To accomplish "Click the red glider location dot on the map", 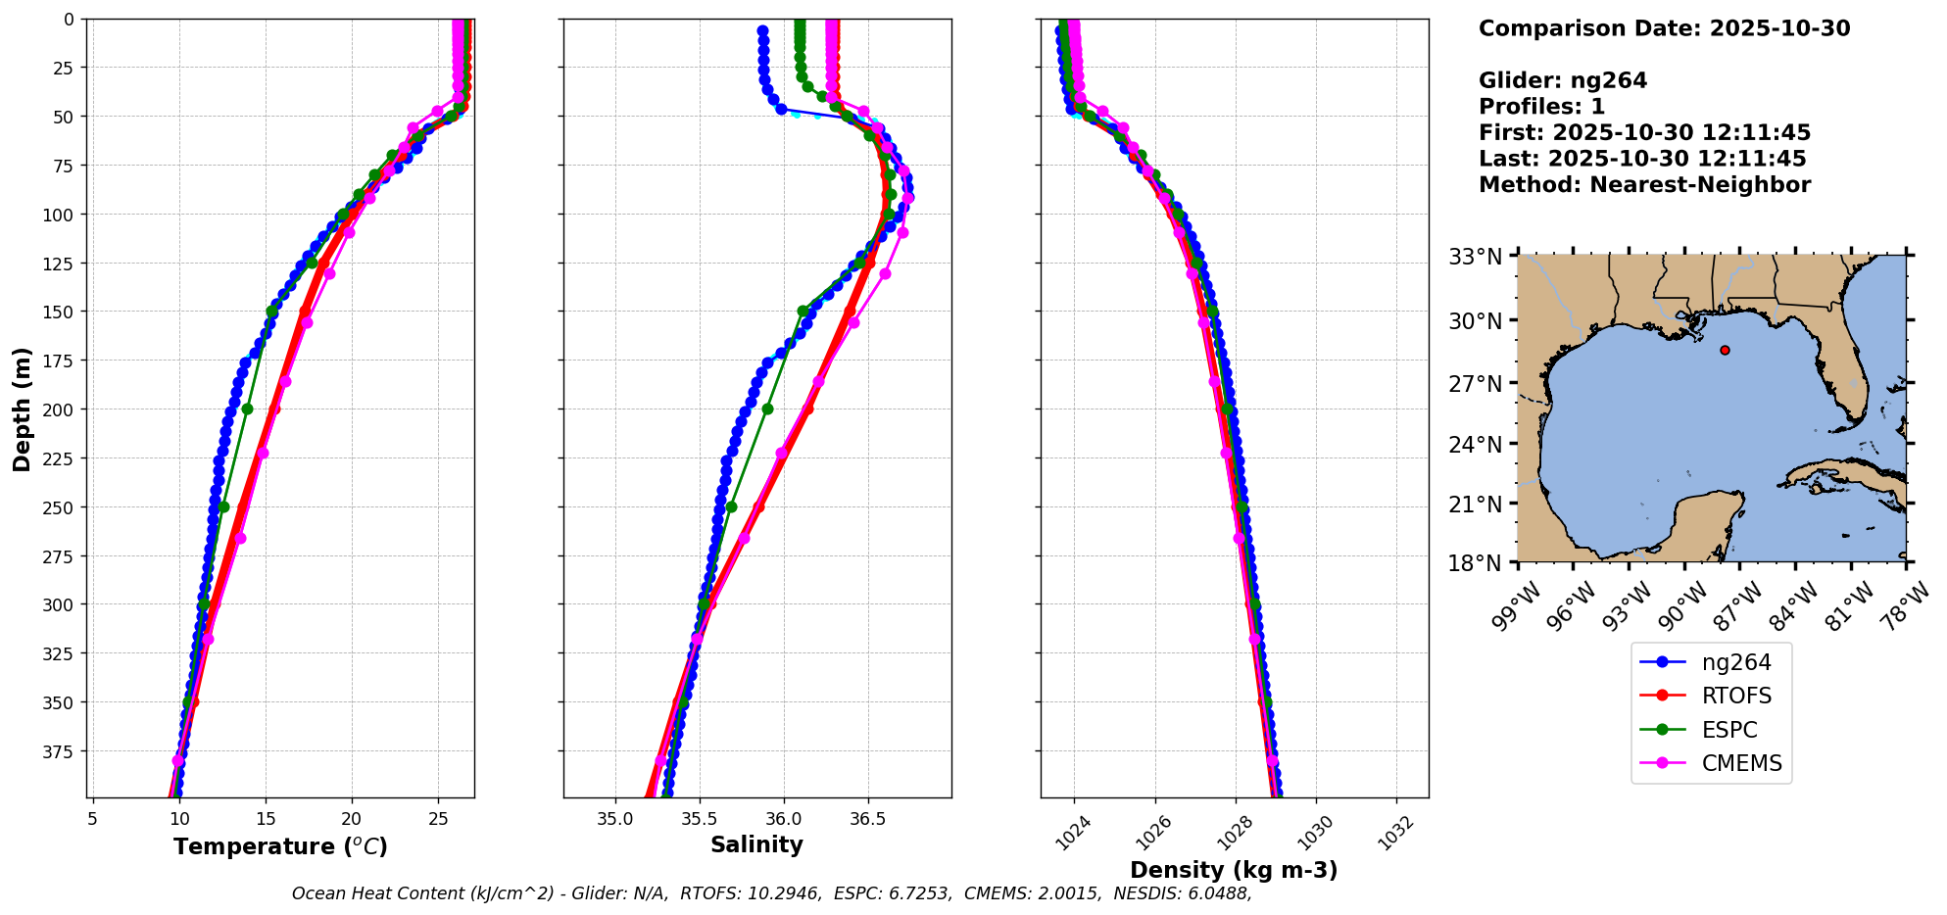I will coord(1725,350).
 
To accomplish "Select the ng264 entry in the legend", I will coord(1735,662).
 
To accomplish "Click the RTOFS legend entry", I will coord(1736,697).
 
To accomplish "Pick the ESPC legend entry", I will coord(1728,730).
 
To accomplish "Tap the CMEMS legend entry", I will coord(1741,763).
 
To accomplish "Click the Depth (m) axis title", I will coord(22,409).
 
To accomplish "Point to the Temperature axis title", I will coord(280,846).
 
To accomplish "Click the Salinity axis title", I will coord(756,844).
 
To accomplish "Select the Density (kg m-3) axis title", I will coord(1234,870).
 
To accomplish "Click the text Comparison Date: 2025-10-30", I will coord(1664,28).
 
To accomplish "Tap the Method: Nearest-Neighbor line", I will coord(1644,185).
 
